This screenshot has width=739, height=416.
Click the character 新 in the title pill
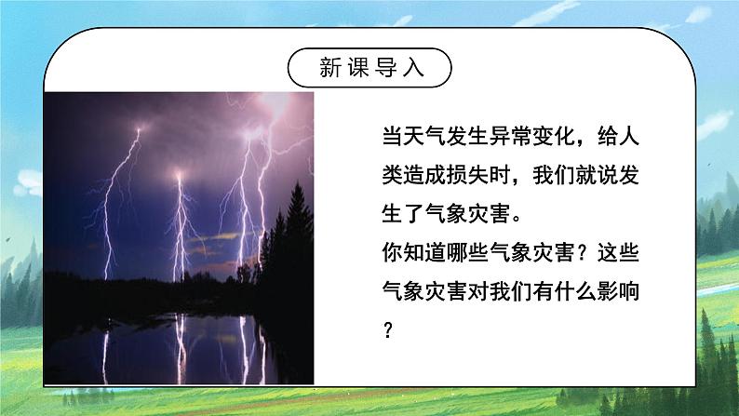coord(330,68)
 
